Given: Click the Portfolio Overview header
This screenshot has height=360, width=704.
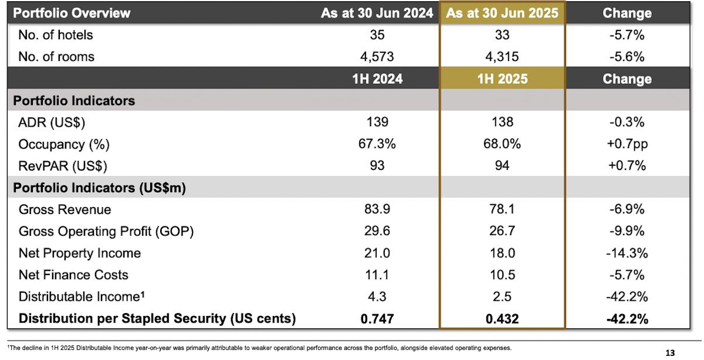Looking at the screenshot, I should coord(72,13).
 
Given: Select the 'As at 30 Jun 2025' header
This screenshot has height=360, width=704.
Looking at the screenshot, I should coord(502,13).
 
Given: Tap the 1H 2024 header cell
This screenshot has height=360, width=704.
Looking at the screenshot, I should coord(377,79).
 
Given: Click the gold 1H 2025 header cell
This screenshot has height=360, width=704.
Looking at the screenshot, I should coord(502,79).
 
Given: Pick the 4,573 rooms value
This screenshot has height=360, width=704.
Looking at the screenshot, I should coord(377,57).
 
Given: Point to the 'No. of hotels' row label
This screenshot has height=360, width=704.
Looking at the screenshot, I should coord(56,35).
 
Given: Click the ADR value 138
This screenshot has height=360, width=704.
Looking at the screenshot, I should coord(502,122).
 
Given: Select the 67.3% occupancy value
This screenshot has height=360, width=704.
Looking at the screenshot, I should coord(377,144).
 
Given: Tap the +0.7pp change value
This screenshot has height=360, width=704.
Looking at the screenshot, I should coord(627,144).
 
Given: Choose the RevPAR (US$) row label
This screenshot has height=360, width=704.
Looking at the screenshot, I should coord(64,165).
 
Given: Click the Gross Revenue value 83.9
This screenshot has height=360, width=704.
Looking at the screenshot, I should coord(377,209).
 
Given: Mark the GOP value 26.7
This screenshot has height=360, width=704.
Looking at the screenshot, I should coord(502,231).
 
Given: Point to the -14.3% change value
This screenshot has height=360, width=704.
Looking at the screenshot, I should coord(627,253).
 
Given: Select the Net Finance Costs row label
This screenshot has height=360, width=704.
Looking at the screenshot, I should coord(73,274).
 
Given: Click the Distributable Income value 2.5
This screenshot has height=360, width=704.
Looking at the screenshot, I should coord(502,297).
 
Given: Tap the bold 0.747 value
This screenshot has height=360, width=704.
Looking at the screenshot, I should coord(377,318).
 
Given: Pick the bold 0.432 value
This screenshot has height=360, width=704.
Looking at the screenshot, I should coord(502,318).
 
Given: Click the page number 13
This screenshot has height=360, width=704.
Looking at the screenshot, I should coord(670,353).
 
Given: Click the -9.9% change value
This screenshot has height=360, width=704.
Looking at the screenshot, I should coord(627,231).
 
